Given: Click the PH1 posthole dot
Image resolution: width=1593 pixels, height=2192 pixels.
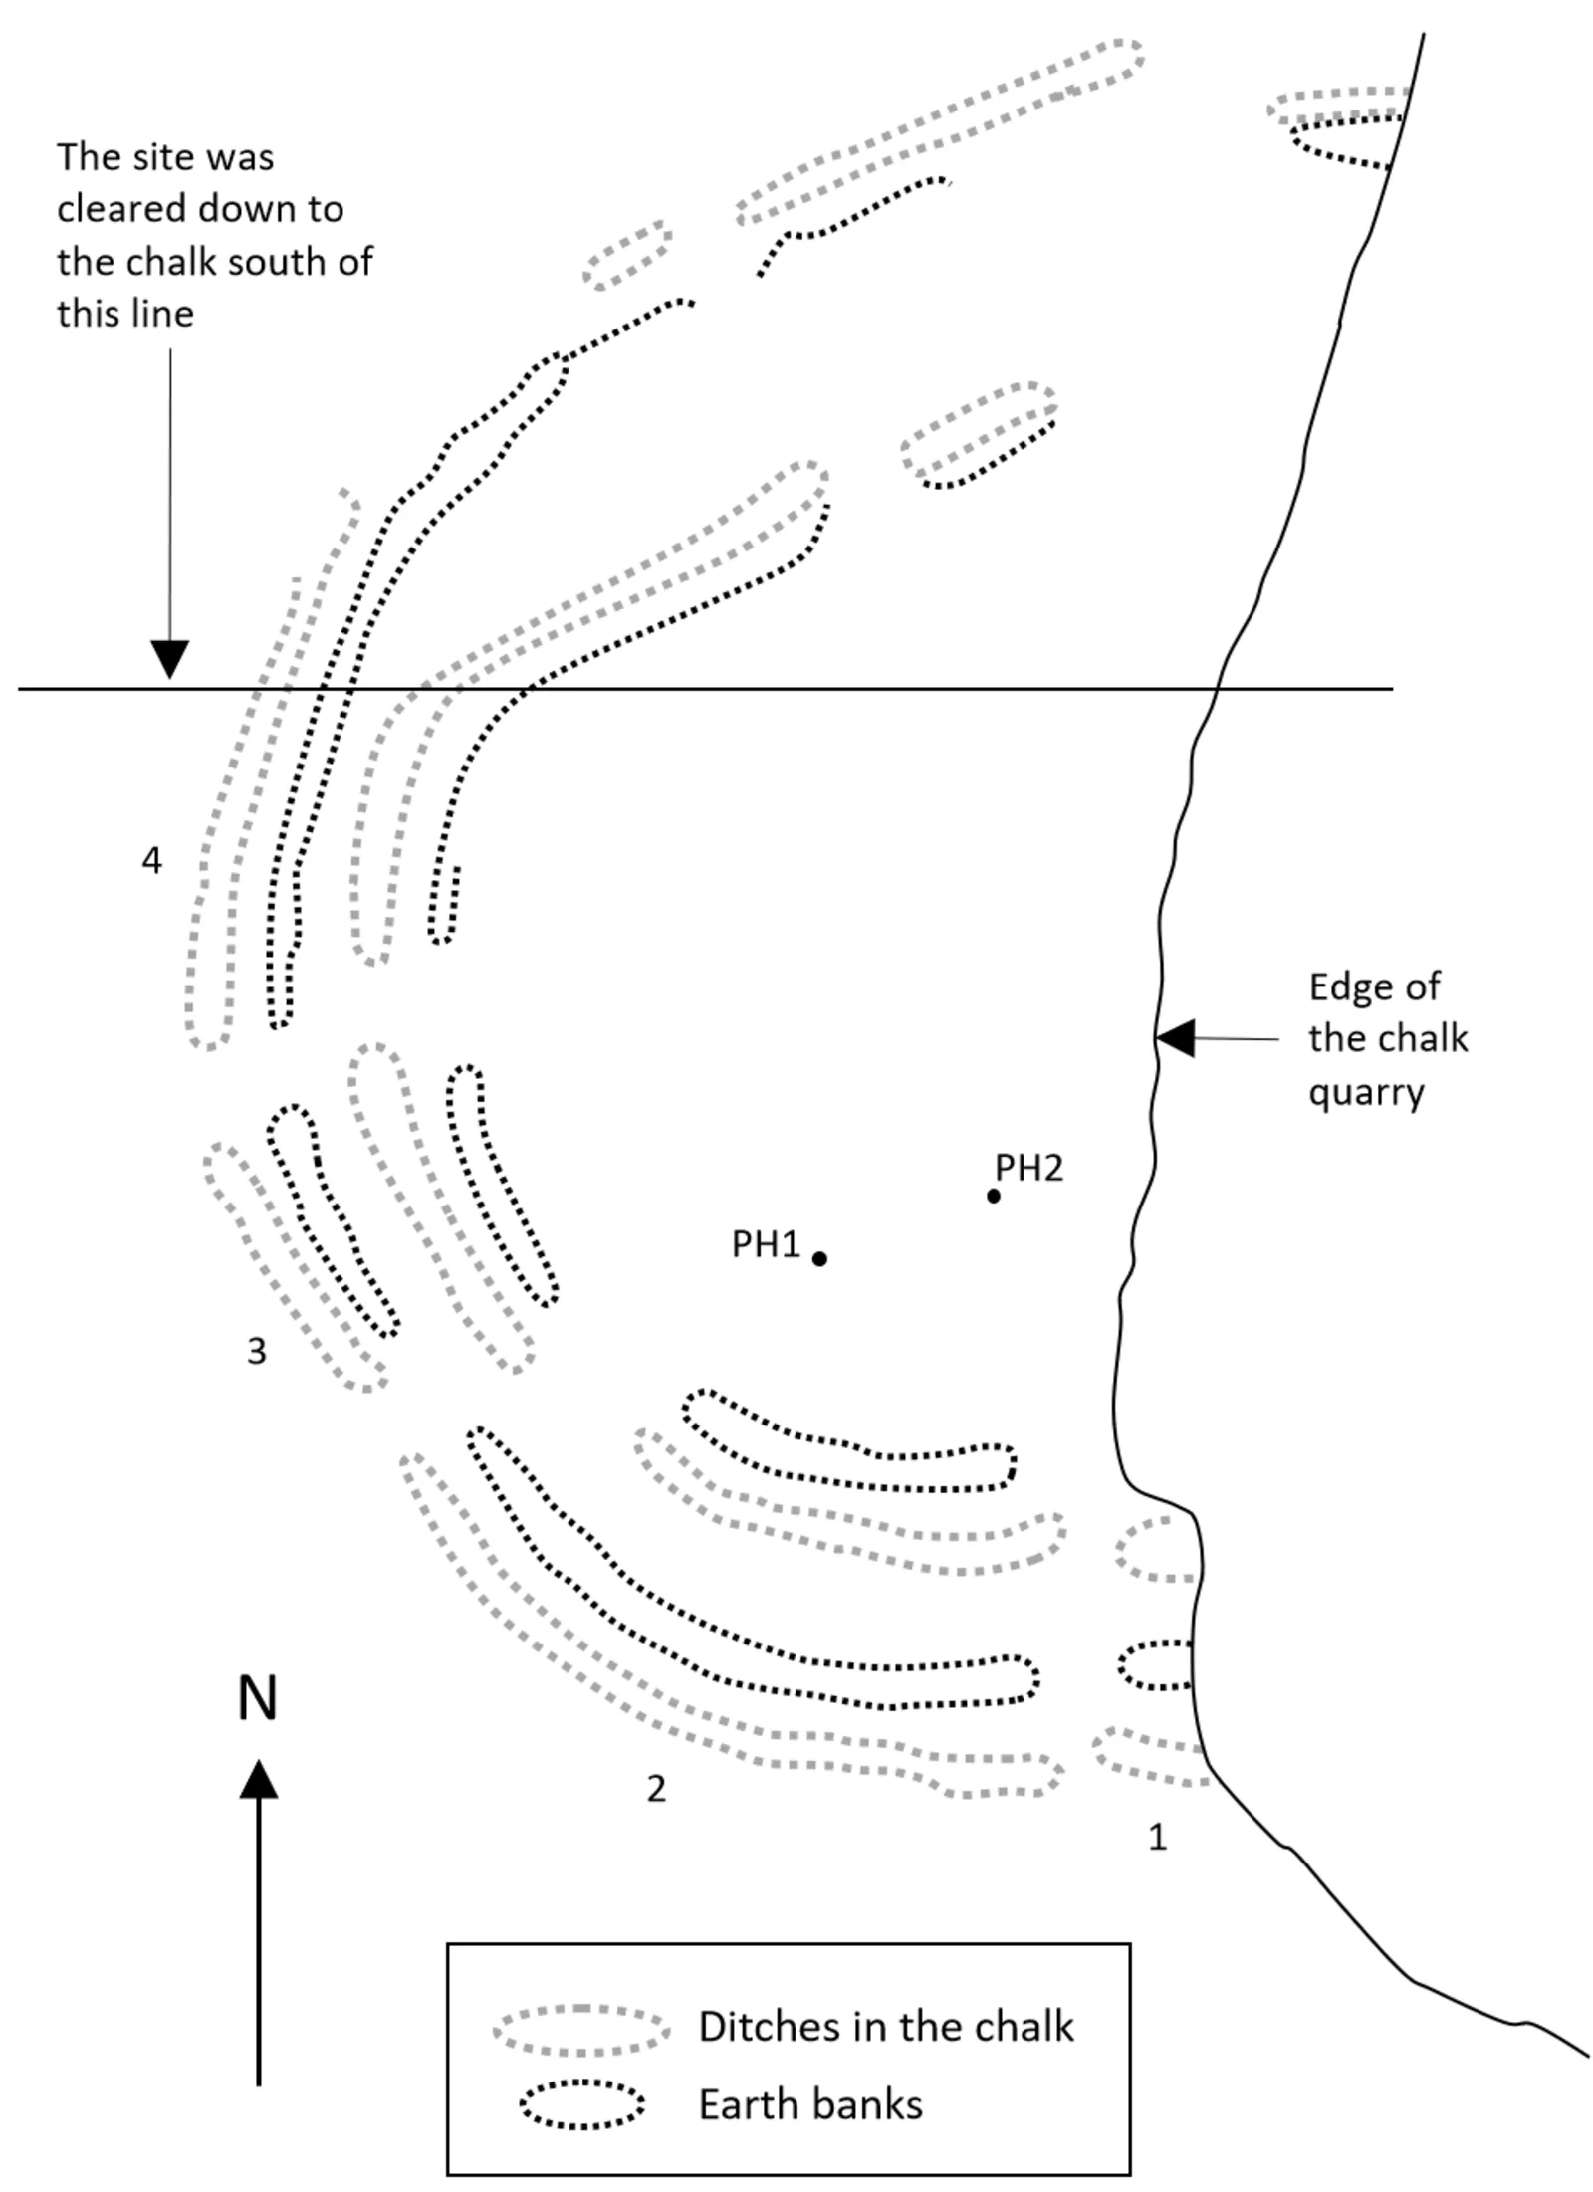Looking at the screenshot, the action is click(x=819, y=1259).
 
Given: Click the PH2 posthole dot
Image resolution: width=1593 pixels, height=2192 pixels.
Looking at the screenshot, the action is click(x=993, y=1196).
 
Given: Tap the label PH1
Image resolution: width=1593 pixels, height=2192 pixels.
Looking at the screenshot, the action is click(x=766, y=1244).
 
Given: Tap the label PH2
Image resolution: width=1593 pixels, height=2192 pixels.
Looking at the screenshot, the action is click(x=1028, y=1168).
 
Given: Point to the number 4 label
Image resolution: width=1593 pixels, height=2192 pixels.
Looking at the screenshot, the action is click(x=151, y=860).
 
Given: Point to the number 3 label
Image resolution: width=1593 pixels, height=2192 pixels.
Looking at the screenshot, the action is click(x=257, y=1351).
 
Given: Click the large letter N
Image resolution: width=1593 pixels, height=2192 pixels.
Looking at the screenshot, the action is click(x=257, y=1698).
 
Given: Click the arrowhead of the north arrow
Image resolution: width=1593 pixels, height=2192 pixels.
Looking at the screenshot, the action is click(x=259, y=1779).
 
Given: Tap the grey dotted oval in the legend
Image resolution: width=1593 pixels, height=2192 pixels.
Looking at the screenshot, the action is click(x=581, y=2028).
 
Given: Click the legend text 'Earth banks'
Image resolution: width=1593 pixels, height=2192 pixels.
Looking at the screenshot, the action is click(x=810, y=2105).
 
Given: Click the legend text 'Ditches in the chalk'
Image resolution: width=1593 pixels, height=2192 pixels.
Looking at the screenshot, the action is click(x=886, y=2027).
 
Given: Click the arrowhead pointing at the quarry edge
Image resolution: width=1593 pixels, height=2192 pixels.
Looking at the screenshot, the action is click(x=1175, y=1038).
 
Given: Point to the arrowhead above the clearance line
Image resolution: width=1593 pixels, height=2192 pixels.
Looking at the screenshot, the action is click(x=170, y=660).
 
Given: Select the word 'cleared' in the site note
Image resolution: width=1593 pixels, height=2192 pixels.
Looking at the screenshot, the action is click(x=120, y=209).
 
